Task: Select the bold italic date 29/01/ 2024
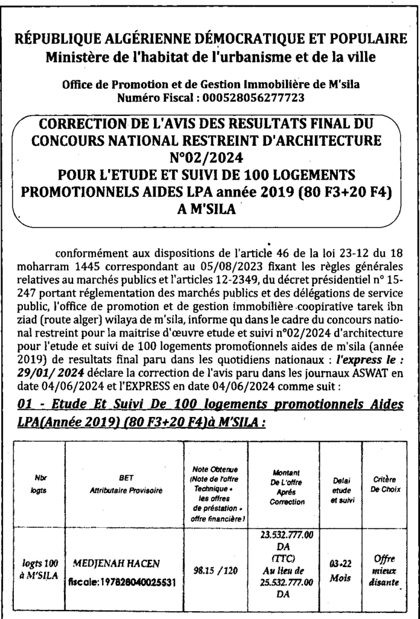[48, 374]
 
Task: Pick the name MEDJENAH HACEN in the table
[116, 563]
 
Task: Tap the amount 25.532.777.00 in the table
[287, 582]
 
